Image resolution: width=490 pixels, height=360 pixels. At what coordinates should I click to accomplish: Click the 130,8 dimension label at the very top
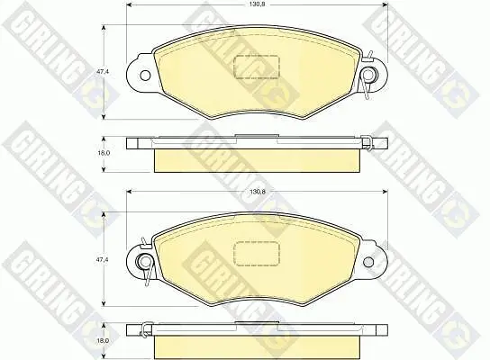click(x=258, y=4)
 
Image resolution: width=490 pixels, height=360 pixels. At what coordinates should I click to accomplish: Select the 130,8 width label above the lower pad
click(x=258, y=192)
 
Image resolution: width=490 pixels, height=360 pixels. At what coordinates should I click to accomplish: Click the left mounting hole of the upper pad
click(x=145, y=76)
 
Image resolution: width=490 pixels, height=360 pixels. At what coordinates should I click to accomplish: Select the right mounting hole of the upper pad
click(x=368, y=75)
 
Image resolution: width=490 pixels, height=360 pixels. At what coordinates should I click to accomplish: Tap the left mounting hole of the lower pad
click(x=145, y=261)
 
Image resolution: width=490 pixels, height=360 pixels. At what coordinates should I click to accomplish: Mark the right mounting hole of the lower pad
click(x=368, y=261)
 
